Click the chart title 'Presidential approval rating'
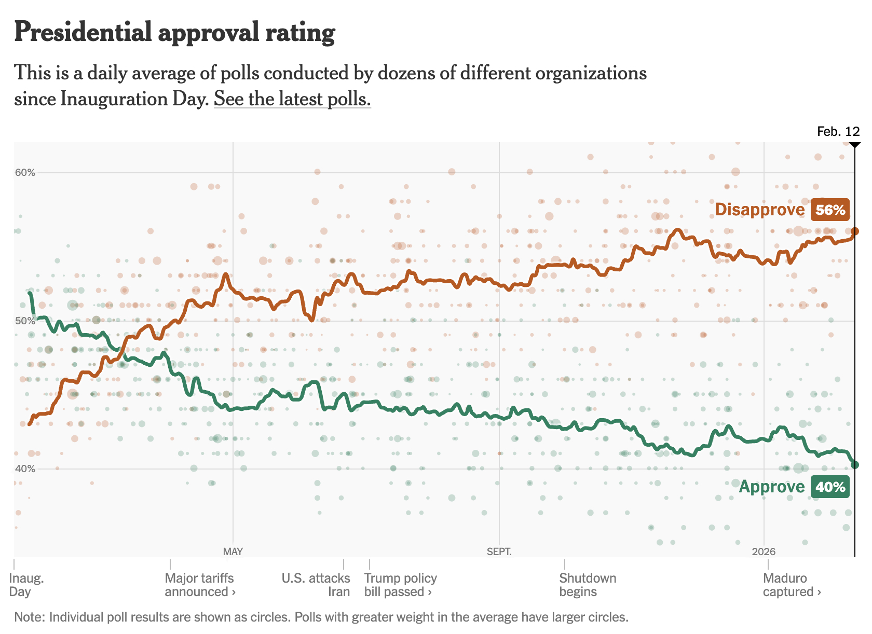pyautogui.click(x=174, y=32)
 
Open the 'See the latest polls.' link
pyautogui.click(x=292, y=99)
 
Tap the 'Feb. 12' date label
pyautogui.click(x=838, y=132)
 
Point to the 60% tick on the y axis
pyautogui.click(x=25, y=173)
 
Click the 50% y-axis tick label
pyautogui.click(x=25, y=321)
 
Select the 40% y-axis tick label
pyautogui.click(x=25, y=469)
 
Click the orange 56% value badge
pyautogui.click(x=830, y=210)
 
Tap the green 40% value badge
pyautogui.click(x=830, y=487)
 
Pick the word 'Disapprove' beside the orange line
pyautogui.click(x=759, y=210)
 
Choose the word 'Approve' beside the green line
pyautogui.click(x=771, y=487)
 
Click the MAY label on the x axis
pyautogui.click(x=233, y=552)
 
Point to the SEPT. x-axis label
pyautogui.click(x=499, y=552)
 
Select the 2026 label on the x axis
pyautogui.click(x=764, y=552)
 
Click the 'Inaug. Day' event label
pyautogui.click(x=26, y=585)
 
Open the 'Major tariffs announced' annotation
pyautogui.click(x=200, y=585)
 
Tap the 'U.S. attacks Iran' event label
pyautogui.click(x=316, y=585)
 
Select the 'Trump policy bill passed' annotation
pyautogui.click(x=400, y=585)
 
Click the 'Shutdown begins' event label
pyautogui.click(x=588, y=585)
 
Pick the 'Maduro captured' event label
pyautogui.click(x=791, y=585)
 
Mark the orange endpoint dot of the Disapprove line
pyautogui.click(x=855, y=231)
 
